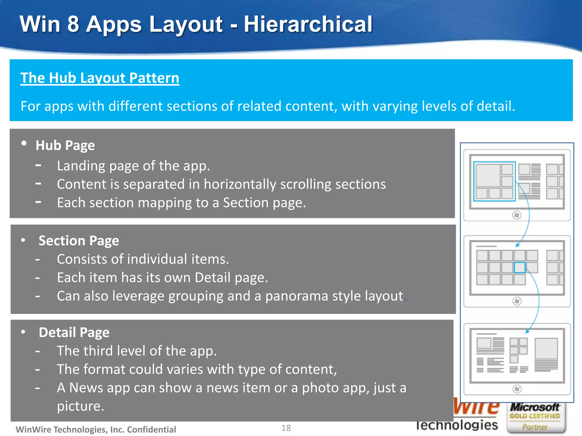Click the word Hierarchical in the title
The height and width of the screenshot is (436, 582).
click(308, 24)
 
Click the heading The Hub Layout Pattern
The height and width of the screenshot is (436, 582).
click(100, 78)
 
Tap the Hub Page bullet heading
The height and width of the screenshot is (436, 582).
click(65, 145)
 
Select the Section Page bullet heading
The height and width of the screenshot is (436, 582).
click(79, 241)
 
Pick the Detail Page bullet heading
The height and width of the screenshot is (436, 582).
click(74, 332)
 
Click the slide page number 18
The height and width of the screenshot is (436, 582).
click(286, 428)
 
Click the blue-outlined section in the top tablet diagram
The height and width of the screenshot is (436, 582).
click(494, 181)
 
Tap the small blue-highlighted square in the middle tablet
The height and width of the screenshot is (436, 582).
click(519, 267)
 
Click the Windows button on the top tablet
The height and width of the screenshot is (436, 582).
click(517, 215)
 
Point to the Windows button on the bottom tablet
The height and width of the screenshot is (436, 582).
click(517, 389)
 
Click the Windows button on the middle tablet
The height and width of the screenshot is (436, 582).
click(517, 301)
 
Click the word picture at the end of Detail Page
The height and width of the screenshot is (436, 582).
click(80, 406)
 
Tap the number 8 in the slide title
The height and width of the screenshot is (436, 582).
click(73, 24)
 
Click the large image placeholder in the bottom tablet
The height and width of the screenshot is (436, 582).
click(546, 349)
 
